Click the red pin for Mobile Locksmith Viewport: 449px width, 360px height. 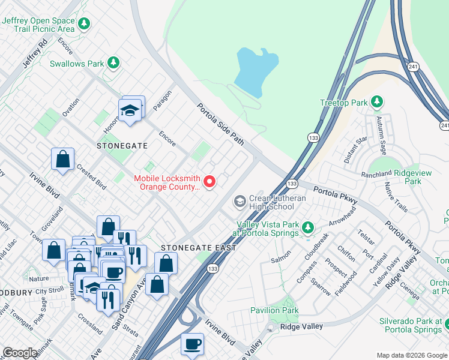point(209,181)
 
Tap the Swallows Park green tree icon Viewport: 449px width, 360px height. point(113,63)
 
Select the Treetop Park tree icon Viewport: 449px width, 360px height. point(377,102)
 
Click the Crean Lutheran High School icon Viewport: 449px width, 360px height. point(240,201)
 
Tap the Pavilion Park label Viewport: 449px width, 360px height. point(274,310)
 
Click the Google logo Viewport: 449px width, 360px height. point(20,353)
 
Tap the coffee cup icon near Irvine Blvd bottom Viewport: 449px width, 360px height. point(192,344)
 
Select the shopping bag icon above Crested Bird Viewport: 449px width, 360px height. point(62,160)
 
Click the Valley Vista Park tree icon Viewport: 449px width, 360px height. point(307,227)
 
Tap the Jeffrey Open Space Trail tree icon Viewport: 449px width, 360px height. point(85,24)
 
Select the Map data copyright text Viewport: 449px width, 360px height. point(411,355)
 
